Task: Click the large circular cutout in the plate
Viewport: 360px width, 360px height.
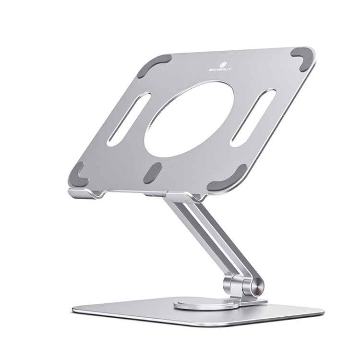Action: tap(189, 119)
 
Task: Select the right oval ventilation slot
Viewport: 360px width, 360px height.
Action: tap(252, 118)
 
